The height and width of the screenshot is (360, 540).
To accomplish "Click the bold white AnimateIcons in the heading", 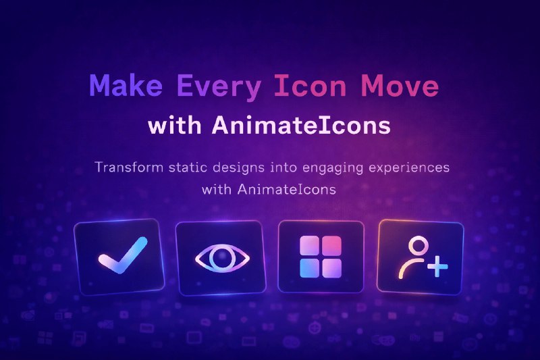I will [x=304, y=126].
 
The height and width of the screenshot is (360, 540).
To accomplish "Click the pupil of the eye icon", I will [x=222, y=258].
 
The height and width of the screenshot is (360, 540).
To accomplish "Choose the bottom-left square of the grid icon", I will [x=310, y=268].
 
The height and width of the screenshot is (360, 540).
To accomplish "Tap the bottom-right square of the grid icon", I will [x=333, y=268].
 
